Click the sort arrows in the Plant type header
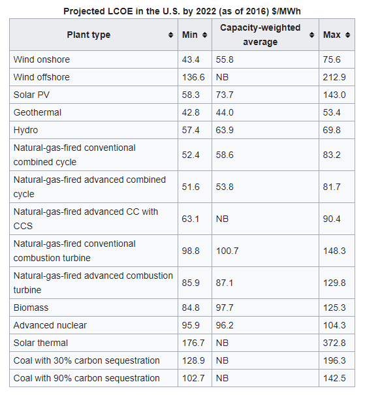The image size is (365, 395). coord(170,35)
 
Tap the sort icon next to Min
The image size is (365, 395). coord(204,35)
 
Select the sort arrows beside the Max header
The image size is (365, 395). coord(347,35)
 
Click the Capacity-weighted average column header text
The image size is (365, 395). coord(261,35)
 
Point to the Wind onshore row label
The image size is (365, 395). coord(42,59)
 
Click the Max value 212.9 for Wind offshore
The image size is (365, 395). coord(334,77)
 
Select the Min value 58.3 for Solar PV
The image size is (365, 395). coord(191,95)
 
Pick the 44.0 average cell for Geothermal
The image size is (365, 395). coord(225,112)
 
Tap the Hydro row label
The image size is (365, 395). coord(25,130)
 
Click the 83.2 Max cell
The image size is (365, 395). coord(332,155)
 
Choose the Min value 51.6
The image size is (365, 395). coord(191,187)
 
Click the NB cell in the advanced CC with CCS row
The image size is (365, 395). coord(222,219)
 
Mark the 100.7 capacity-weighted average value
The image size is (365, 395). coord(227,251)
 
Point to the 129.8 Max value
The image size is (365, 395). coord(334,283)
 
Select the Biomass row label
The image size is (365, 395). coord(31,308)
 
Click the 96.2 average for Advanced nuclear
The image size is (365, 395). coord(225,326)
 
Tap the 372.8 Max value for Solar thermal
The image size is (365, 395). coord(334,343)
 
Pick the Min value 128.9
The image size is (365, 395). coord(193,361)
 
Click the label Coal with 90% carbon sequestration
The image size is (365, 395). coord(86,379)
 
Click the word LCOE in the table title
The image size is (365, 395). coord(120,12)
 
